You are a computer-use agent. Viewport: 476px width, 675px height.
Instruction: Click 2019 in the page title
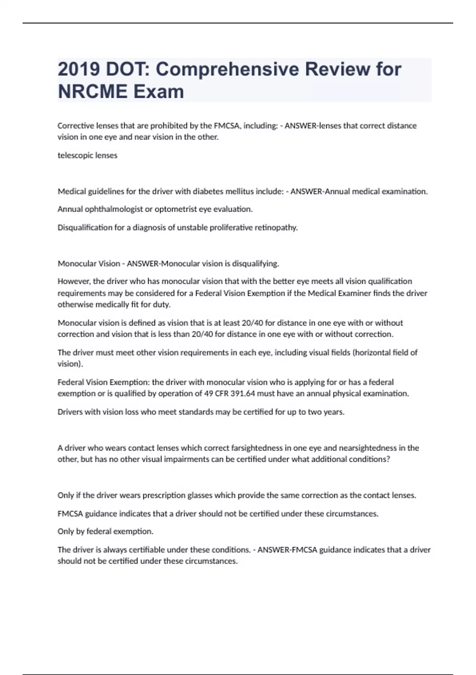[79, 69]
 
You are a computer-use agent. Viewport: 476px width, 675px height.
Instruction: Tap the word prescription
[164, 496]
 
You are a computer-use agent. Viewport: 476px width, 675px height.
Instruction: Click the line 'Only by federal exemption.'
[106, 531]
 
